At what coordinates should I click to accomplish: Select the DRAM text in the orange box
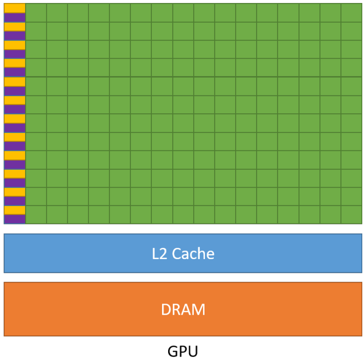pyautogui.click(x=183, y=309)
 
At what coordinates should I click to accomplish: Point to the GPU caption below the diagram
pyautogui.click(x=183, y=351)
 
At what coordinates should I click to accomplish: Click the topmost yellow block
pyautogui.click(x=15, y=8)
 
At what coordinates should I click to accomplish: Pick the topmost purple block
pyautogui.click(x=15, y=17)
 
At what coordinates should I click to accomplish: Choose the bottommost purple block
pyautogui.click(x=15, y=219)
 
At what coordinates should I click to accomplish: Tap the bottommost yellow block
pyautogui.click(x=15, y=210)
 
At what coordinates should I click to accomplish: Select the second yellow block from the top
pyautogui.click(x=15, y=27)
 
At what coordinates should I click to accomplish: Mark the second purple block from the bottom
pyautogui.click(x=15, y=201)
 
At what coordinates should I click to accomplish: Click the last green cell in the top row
pyautogui.click(x=352, y=12)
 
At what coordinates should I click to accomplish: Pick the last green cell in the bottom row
pyautogui.click(x=352, y=215)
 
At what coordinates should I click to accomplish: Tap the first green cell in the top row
pyautogui.click(x=36, y=12)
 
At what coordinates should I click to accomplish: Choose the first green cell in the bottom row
pyautogui.click(x=36, y=215)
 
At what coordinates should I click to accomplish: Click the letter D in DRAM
pyautogui.click(x=166, y=309)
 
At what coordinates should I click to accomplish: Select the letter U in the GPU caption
pyautogui.click(x=192, y=351)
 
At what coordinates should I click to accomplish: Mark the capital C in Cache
pyautogui.click(x=177, y=254)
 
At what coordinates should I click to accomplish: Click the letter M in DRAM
pyautogui.click(x=199, y=309)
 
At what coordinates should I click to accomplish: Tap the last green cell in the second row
pyautogui.click(x=352, y=31)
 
